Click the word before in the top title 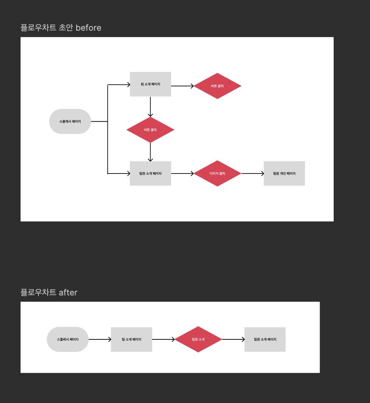click(88, 28)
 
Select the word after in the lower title click(68, 292)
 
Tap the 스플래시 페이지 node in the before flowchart click(70, 122)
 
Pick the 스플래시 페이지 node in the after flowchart click(68, 339)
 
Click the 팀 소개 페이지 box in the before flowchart click(150, 84)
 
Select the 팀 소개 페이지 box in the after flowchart click(131, 339)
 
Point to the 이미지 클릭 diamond click(217, 173)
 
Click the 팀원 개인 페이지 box click(284, 173)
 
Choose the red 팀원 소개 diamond click(198, 339)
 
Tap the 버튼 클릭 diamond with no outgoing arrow click(217, 86)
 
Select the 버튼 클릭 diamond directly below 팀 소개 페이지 click(150, 130)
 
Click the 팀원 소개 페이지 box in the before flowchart click(150, 173)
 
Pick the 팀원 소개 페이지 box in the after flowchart click(265, 339)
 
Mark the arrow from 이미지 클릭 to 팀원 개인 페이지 click(252, 173)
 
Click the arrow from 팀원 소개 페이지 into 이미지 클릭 click(182, 173)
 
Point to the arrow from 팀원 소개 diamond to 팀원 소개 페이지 click(233, 339)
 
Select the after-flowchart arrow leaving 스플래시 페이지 click(99, 339)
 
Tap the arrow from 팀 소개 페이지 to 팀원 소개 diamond click(163, 339)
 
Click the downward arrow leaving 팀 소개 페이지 click(150, 106)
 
